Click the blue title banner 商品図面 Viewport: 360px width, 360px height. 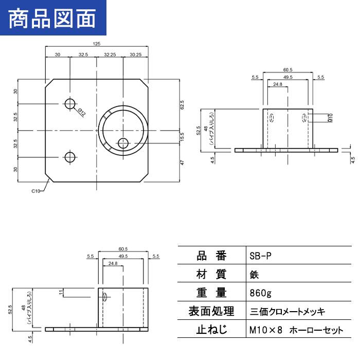coord(52,19)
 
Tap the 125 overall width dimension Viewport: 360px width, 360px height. coord(97,45)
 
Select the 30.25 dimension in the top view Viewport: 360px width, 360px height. coord(136,54)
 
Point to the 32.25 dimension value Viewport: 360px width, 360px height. coord(110,54)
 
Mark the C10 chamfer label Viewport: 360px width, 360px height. coord(35,191)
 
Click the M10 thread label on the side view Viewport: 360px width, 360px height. coord(331,118)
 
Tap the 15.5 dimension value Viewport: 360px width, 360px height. coord(182,137)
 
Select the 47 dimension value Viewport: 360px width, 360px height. coord(182,162)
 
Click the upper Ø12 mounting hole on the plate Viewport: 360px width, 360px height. coord(70,104)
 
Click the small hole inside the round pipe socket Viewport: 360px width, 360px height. coord(123,143)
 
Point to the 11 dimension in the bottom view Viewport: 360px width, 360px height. coord(61,292)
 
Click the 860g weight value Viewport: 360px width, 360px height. coord(259,293)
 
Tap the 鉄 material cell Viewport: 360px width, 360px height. coord(254,274)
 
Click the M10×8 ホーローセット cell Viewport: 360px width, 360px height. coord(295,330)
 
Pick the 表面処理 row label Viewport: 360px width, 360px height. coord(211,311)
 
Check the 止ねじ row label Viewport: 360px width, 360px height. coord(211,330)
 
